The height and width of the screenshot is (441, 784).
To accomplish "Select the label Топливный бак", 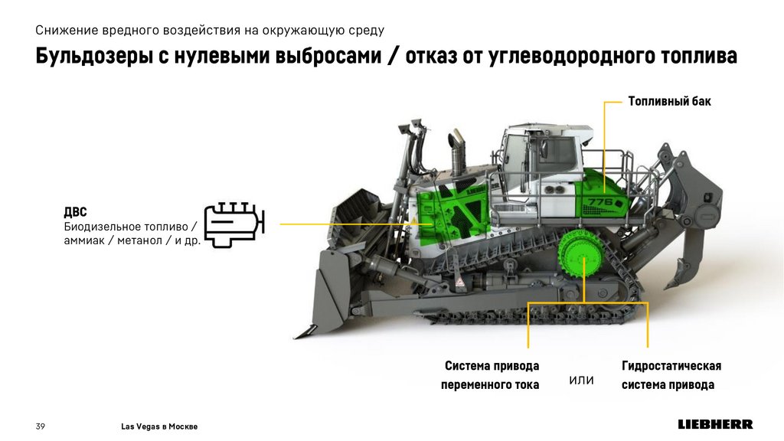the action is click(669, 102).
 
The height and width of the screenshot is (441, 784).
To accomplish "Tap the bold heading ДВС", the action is click(75, 212).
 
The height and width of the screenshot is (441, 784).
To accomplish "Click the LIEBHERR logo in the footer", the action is click(715, 424).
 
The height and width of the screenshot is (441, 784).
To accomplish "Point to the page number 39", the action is click(41, 426).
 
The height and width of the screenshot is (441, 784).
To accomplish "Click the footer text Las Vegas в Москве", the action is click(159, 426).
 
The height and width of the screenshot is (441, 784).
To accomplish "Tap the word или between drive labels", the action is click(581, 381).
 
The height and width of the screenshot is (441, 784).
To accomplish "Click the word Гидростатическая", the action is click(671, 366).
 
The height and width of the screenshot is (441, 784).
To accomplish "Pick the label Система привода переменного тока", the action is click(490, 375).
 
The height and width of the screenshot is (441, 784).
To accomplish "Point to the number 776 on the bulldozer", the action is click(600, 202).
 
